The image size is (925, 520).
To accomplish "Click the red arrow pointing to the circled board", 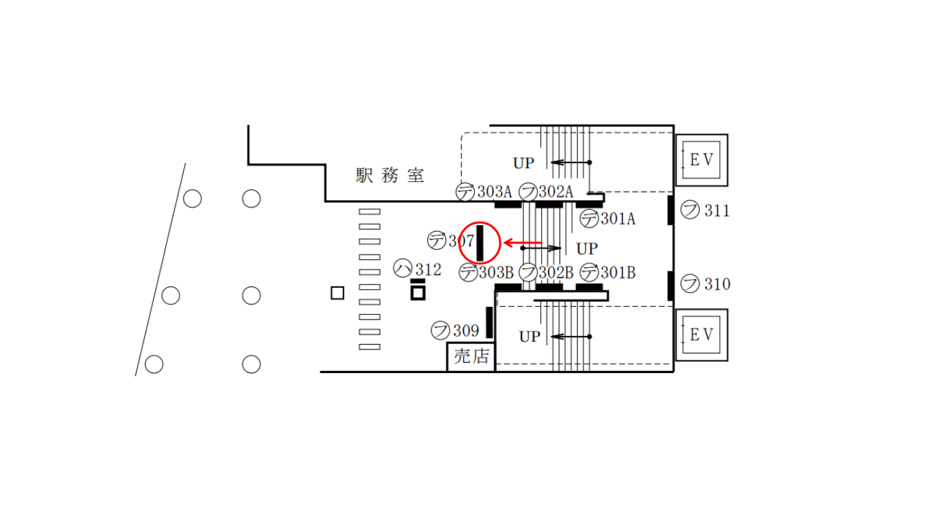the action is (x=523, y=243).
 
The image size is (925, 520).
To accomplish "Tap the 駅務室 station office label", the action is (x=390, y=175).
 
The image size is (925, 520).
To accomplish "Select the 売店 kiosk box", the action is (x=471, y=357).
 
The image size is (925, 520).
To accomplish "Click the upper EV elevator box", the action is (x=702, y=160).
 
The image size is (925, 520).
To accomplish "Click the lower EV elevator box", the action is (x=702, y=335).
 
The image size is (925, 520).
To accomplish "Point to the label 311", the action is (x=717, y=211).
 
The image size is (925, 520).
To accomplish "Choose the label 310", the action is (x=717, y=284).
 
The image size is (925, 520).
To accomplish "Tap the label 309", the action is (x=466, y=330).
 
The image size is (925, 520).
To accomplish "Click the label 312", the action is (x=428, y=269).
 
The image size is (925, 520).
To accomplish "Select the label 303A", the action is (x=495, y=192).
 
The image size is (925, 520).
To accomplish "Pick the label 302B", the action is (x=556, y=273).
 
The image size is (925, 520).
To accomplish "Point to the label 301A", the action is (x=618, y=219).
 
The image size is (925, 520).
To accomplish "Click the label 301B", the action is (x=618, y=273).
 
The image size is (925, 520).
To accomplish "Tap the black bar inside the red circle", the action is (x=480, y=243).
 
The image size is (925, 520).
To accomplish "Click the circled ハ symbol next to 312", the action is (x=403, y=268).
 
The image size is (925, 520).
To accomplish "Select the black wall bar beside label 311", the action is (x=670, y=210).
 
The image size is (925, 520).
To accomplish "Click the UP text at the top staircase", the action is (x=523, y=163).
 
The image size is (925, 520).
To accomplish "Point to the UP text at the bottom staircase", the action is (x=530, y=337).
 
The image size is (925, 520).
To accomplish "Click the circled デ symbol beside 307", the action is (x=437, y=240).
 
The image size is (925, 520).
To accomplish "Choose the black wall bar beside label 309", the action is (x=490, y=322).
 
